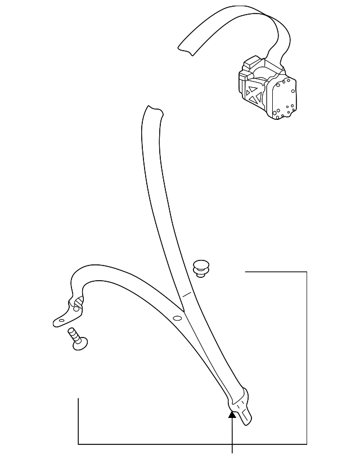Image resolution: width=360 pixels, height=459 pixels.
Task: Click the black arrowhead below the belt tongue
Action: pos(232,415)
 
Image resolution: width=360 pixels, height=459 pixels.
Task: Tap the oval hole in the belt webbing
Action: pos(178,319)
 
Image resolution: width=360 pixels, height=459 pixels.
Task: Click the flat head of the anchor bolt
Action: pos(82,342)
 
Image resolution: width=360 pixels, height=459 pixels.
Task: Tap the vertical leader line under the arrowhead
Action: pos(232,436)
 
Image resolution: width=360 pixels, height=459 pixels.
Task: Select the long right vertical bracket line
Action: pos(307,358)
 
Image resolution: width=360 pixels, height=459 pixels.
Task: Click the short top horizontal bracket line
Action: pos(276,272)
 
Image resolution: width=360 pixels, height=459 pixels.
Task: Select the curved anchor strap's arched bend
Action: pos(90,271)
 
